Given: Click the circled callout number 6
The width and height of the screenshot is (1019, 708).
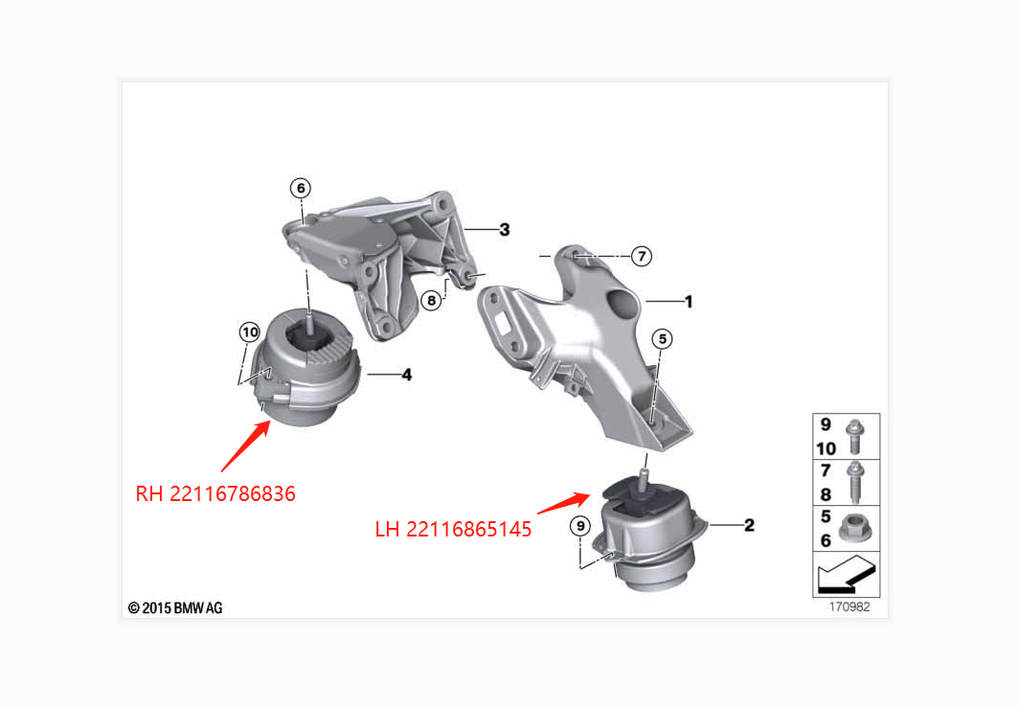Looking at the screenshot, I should [301, 189].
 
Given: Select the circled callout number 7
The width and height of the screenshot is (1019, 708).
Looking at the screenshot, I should [642, 256].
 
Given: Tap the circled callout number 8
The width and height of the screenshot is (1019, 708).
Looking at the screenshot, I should [432, 300].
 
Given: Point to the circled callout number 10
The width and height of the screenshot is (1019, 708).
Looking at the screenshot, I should [249, 332].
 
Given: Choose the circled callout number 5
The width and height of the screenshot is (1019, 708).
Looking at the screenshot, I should [663, 338].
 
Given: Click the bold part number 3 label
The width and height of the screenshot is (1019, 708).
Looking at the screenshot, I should [504, 229].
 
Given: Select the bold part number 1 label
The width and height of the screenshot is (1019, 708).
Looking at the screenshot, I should [688, 302].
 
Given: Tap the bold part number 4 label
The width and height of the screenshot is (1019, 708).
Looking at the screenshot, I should [407, 375].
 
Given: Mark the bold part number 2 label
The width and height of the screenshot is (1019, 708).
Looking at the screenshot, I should [749, 525].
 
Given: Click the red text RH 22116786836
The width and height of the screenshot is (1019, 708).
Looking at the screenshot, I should [215, 494].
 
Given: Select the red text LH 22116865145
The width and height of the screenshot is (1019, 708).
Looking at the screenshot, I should [453, 528].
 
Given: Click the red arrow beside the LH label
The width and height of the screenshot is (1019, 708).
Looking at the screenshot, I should [563, 502].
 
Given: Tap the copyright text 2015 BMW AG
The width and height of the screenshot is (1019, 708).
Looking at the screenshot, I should [175, 607].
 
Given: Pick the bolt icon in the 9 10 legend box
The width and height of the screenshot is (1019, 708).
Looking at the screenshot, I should [854, 438].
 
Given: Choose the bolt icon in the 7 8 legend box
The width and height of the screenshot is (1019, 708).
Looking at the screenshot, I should [854, 482].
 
